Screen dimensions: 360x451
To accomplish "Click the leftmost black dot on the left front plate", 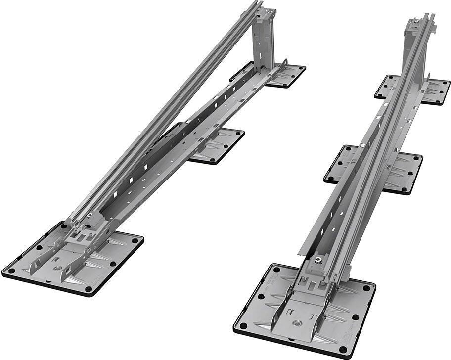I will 10,271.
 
